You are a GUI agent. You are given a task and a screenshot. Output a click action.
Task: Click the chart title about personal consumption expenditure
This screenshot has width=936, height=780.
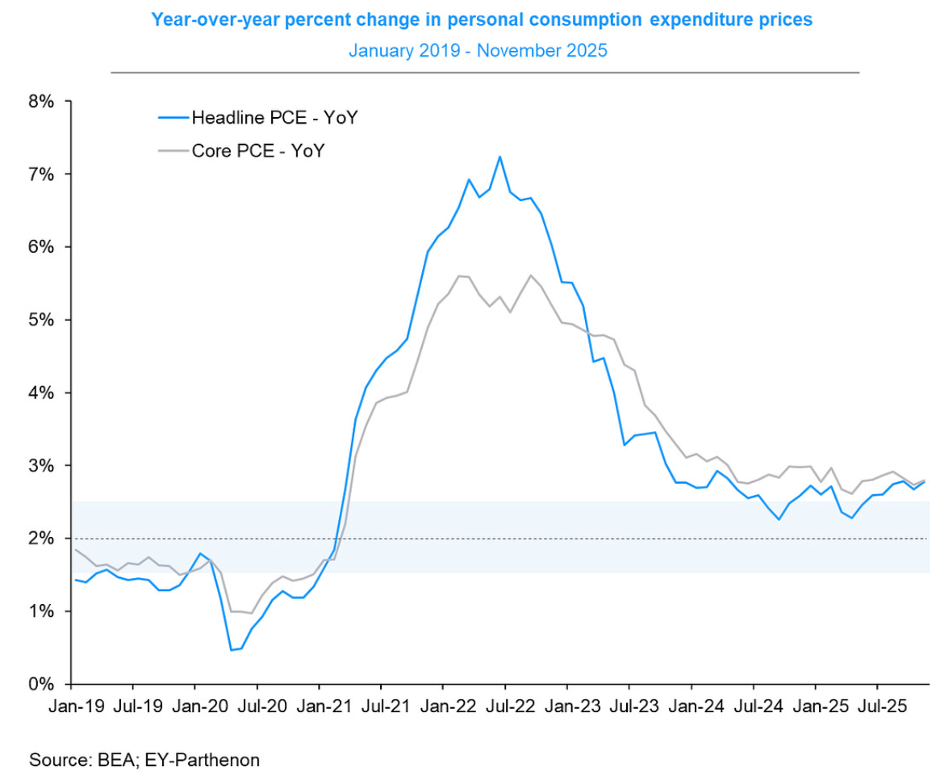[x=482, y=19]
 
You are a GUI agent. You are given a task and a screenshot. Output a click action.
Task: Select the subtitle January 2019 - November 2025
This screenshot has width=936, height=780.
[x=478, y=50]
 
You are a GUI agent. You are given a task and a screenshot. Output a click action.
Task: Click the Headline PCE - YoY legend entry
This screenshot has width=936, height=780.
[x=258, y=118]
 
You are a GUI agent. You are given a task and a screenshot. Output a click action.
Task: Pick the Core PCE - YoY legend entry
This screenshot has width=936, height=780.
[x=242, y=150]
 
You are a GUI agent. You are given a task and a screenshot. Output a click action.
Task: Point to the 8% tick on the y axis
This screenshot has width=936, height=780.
[x=41, y=102]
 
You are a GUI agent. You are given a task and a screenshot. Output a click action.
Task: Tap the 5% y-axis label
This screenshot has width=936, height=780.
[x=41, y=320]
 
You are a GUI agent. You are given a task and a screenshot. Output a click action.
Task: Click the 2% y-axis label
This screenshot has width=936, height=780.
[x=41, y=539]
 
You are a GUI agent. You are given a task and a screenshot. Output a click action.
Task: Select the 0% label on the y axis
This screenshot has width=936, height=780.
[x=41, y=685]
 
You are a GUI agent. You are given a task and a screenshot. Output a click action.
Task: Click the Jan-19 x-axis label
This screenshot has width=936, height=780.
[x=77, y=707]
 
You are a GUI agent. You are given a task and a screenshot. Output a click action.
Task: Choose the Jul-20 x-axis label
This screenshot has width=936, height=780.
[x=262, y=707]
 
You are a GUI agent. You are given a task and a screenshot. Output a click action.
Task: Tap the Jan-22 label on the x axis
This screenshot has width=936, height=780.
[x=449, y=707]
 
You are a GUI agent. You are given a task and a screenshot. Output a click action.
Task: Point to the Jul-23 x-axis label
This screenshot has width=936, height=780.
[x=634, y=707]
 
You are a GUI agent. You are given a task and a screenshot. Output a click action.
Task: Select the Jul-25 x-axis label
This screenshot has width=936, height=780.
[x=882, y=707]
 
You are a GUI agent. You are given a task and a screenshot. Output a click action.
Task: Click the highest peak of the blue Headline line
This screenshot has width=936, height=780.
[x=499, y=157]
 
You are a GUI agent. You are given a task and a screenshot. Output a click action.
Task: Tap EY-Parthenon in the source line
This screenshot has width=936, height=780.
[x=202, y=760]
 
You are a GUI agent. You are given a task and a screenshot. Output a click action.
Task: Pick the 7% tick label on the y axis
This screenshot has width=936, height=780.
[x=41, y=174]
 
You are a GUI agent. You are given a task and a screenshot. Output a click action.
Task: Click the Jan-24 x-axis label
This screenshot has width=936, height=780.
[x=696, y=707]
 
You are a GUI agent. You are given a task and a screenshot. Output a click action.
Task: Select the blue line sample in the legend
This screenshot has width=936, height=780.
[x=173, y=118]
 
